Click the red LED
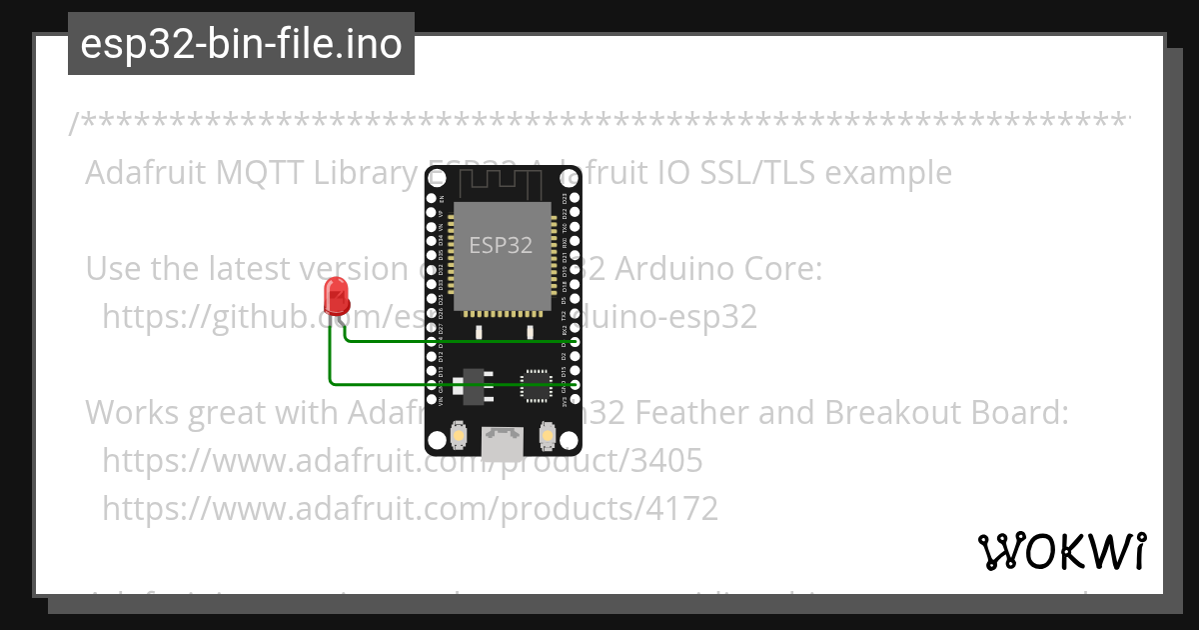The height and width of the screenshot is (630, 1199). point(337,296)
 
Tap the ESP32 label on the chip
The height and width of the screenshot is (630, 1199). point(501,245)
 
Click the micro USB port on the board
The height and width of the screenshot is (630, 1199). point(502,441)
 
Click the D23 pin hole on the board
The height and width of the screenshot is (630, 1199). point(576,199)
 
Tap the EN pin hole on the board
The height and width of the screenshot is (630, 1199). point(431,199)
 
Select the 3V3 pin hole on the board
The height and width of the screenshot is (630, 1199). point(576,398)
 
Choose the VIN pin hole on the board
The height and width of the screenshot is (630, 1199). point(431,398)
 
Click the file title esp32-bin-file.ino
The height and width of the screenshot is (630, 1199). point(241,44)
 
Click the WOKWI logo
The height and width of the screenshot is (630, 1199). point(1061,551)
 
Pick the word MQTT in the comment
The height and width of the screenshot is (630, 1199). point(263,173)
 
